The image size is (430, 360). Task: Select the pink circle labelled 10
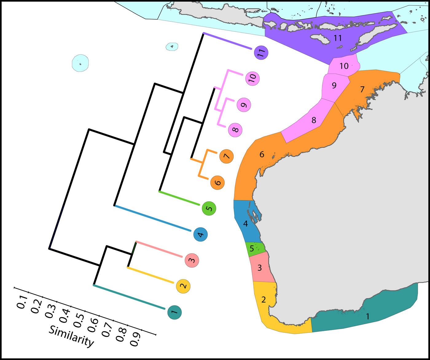(x=252, y=79)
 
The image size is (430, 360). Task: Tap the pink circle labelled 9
(x=244, y=105)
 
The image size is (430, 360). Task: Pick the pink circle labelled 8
(x=235, y=130)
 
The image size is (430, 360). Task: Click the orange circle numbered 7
(x=226, y=157)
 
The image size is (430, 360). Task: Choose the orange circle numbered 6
(x=217, y=183)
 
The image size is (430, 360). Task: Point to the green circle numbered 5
(x=209, y=209)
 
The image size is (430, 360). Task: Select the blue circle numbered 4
(x=200, y=235)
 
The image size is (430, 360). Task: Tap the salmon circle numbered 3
(x=192, y=261)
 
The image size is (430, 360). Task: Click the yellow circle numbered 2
(x=183, y=286)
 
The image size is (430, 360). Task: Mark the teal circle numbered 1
(x=174, y=312)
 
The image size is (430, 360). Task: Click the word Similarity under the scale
(x=71, y=336)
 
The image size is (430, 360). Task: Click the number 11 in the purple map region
(x=338, y=38)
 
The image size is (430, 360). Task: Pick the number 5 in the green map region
(x=252, y=248)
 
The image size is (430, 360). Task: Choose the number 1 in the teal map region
(x=368, y=316)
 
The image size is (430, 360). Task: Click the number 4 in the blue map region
(x=245, y=224)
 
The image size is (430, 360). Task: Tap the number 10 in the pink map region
(x=344, y=66)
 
